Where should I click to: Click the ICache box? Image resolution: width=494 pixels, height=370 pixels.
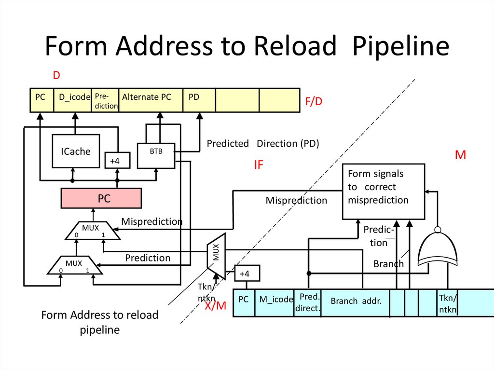click(x=75, y=151)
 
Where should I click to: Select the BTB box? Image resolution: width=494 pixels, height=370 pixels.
click(x=156, y=155)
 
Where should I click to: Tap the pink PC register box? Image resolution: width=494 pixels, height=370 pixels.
click(x=101, y=198)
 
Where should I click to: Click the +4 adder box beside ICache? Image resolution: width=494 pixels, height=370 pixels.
click(x=114, y=161)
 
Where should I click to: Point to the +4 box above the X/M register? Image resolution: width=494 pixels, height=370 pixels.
click(x=245, y=274)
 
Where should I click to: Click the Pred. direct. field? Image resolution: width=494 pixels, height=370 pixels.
click(x=307, y=302)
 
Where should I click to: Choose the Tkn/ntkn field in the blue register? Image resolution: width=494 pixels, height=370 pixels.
click(x=447, y=302)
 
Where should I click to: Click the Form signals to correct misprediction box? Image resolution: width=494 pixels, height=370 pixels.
click(x=384, y=191)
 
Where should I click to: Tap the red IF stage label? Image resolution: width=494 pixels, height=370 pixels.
click(x=259, y=165)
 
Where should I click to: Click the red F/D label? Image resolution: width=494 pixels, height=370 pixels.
click(x=314, y=102)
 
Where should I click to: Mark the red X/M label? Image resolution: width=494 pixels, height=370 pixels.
click(x=215, y=305)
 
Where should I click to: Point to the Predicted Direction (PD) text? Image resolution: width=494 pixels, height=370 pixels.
click(x=263, y=144)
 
